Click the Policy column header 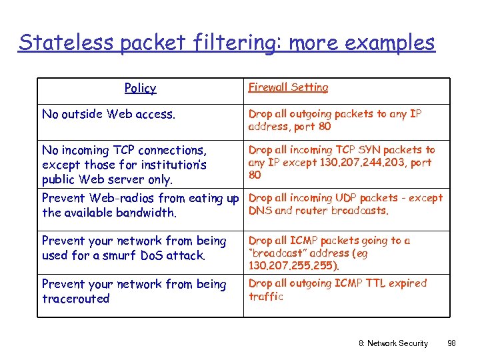tap(140, 88)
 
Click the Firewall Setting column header tap(288, 87)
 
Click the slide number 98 tap(451, 343)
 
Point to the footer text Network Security tap(397, 343)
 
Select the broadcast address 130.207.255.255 tap(293, 265)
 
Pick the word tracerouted tap(75, 299)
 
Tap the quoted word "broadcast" tap(279, 253)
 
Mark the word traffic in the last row tap(265, 297)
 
